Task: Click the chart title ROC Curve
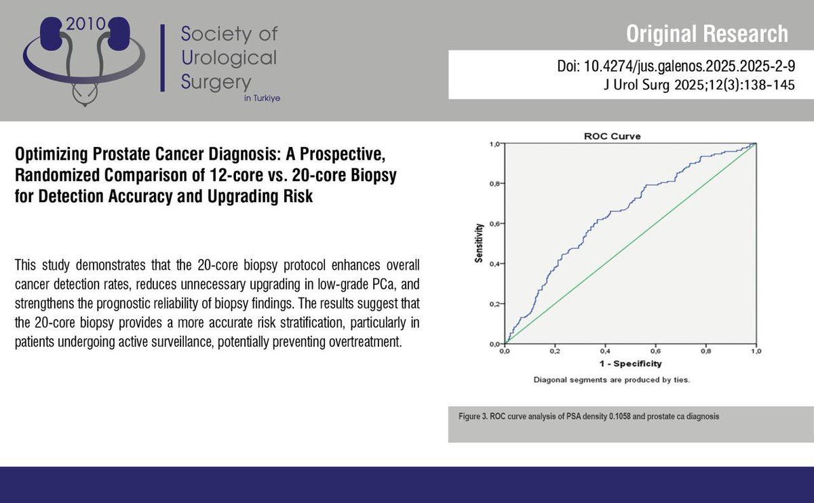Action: (x=613, y=136)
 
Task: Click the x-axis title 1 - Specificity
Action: (x=629, y=365)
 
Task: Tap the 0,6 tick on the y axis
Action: (x=494, y=224)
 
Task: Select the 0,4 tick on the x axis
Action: (x=604, y=353)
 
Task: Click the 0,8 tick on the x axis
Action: (x=705, y=353)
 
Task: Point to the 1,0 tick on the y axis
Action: (x=494, y=144)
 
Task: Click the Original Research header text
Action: (x=707, y=33)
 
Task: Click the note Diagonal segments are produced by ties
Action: (x=612, y=380)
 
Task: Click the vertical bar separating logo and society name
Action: (x=161, y=58)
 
